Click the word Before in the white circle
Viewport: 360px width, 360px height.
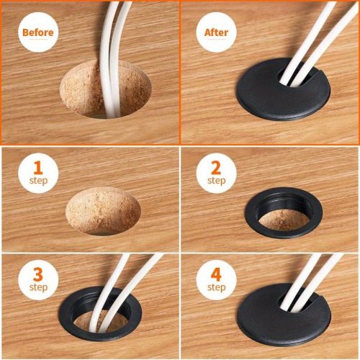click(38, 32)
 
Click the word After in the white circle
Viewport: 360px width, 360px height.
click(216, 32)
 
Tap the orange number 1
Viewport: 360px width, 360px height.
click(38, 168)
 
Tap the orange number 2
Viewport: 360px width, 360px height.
click(216, 168)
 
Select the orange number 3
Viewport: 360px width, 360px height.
click(38, 274)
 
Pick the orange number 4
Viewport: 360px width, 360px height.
click(216, 274)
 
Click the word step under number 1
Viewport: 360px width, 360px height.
click(38, 181)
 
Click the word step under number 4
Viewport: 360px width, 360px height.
click(217, 287)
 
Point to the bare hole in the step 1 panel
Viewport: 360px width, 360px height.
click(103, 211)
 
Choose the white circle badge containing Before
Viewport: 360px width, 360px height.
click(38, 32)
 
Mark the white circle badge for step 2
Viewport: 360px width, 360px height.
click(216, 174)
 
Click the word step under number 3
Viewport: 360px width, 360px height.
click(38, 287)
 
